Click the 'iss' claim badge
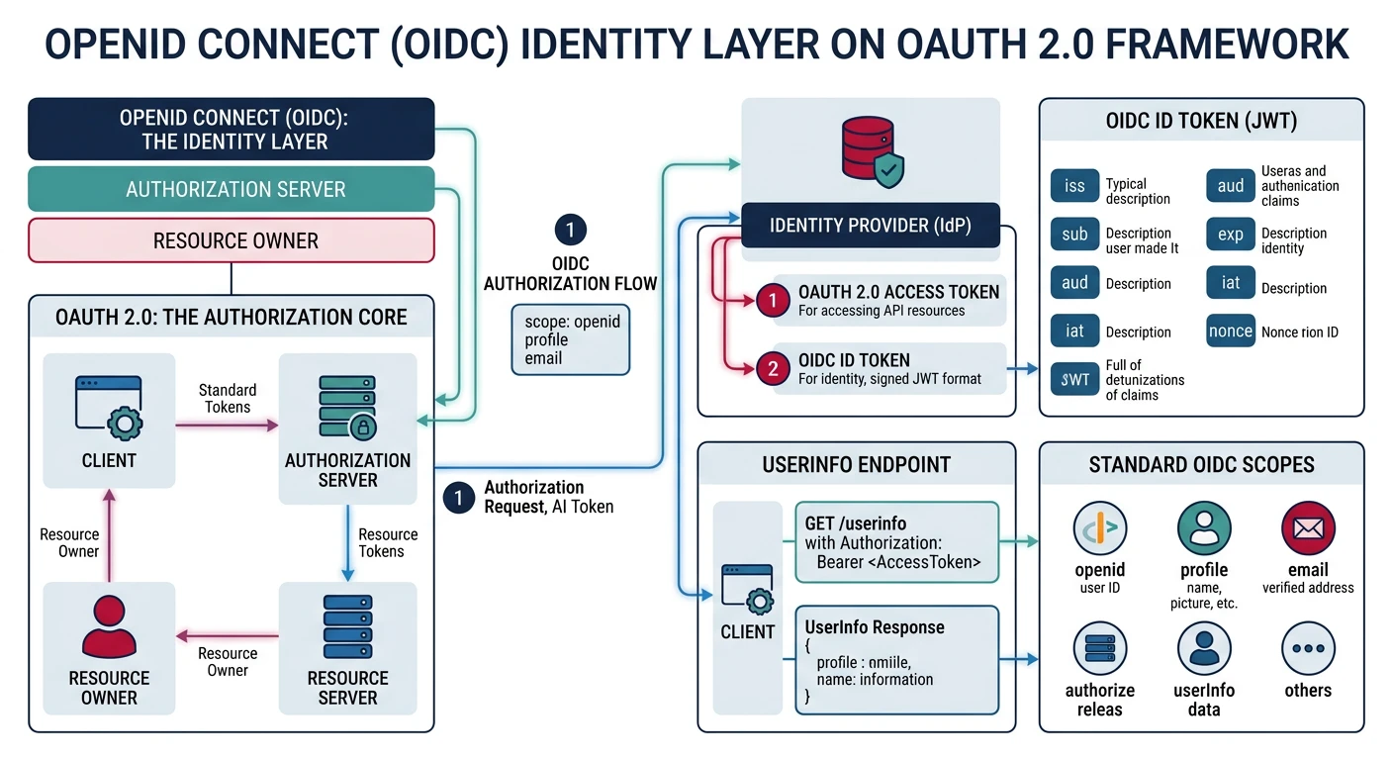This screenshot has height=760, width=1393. [1074, 186]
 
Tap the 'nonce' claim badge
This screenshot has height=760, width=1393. [1230, 332]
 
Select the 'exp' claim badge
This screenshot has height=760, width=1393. [1230, 235]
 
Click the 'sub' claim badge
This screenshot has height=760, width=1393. [1074, 235]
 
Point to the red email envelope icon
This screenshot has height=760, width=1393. [1308, 528]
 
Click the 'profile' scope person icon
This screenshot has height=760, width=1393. [1204, 528]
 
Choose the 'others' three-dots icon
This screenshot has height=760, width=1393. [1308, 649]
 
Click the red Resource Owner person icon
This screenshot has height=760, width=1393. [109, 628]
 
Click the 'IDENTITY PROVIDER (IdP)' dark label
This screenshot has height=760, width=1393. [871, 226]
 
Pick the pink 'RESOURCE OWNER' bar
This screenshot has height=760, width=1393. [232, 240]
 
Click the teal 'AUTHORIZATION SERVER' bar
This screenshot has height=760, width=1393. [232, 189]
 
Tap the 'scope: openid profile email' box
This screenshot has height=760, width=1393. [570, 339]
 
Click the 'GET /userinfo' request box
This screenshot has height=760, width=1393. [897, 542]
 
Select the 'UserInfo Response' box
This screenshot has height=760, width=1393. [897, 660]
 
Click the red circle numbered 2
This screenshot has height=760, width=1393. [773, 369]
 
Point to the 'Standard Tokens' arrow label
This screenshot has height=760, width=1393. [228, 398]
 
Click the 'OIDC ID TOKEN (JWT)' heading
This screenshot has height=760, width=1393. [1201, 121]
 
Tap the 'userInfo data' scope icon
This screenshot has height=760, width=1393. [1204, 649]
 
